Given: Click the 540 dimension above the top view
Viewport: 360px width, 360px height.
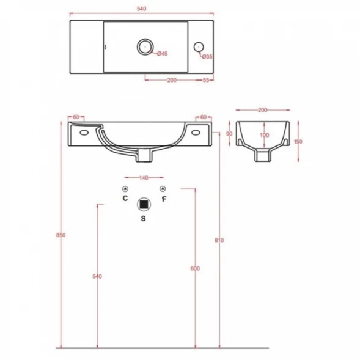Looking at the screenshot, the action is (x=141, y=9).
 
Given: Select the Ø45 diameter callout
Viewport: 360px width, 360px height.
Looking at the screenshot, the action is (x=163, y=54).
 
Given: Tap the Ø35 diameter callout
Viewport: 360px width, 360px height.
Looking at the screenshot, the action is (x=207, y=56).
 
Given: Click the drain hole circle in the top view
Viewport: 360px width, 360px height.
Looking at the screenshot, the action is (x=145, y=46).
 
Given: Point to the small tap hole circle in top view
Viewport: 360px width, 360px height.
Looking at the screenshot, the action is (x=199, y=47).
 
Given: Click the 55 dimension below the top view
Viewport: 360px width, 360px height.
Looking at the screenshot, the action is (x=206, y=80).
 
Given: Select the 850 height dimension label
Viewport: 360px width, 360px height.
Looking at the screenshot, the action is (x=61, y=235).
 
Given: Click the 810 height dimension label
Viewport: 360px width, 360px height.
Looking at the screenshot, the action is (x=219, y=240).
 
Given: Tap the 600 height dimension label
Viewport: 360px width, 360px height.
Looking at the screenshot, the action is (x=195, y=268).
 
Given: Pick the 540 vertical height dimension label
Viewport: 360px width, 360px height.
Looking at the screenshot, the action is (x=97, y=276).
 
